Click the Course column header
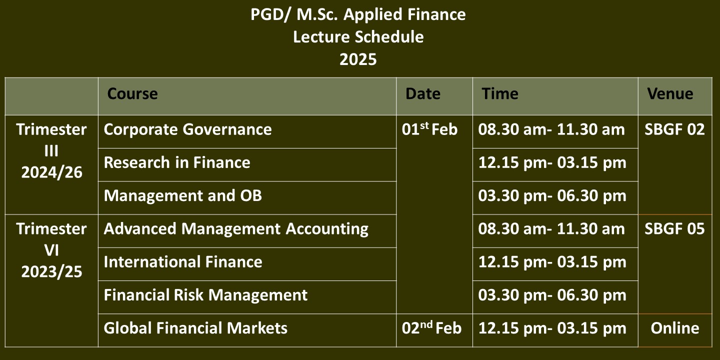(x=132, y=94)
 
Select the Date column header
(x=422, y=94)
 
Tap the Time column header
(x=500, y=94)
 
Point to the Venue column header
(x=670, y=94)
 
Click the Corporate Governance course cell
(x=187, y=129)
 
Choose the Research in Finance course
(x=177, y=162)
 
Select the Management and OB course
(x=182, y=195)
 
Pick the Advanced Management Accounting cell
(x=236, y=229)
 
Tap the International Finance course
(x=183, y=261)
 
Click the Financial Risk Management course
(x=205, y=295)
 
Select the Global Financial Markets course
(x=195, y=328)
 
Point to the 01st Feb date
(x=429, y=129)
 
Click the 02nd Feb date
(x=431, y=328)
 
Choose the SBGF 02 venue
(x=674, y=129)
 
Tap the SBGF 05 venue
(x=674, y=229)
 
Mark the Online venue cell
(x=675, y=328)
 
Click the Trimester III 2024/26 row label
(x=51, y=151)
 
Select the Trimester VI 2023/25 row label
(x=51, y=250)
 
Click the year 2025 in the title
(x=358, y=59)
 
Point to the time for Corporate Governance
(x=551, y=129)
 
